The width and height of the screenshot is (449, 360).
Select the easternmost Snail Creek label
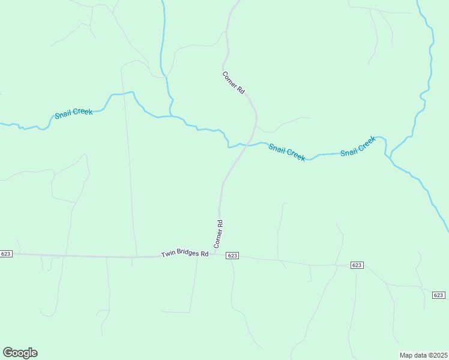pyautogui.click(x=358, y=146)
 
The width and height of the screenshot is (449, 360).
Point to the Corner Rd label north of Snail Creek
pyautogui.click(x=234, y=83)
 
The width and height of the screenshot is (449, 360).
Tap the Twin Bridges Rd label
pyautogui.click(x=184, y=254)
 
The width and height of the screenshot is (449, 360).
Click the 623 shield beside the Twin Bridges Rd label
pyautogui.click(x=233, y=256)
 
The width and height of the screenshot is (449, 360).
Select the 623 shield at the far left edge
pyautogui.click(x=6, y=254)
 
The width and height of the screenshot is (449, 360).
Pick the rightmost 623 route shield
pyautogui.click(x=438, y=295)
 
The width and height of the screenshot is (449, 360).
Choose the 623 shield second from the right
pyautogui.click(x=357, y=265)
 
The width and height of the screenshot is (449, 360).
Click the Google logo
pyautogui.click(x=20, y=353)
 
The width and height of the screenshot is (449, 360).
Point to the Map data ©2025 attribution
pyautogui.click(x=423, y=355)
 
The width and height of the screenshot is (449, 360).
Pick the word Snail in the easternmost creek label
pyautogui.click(x=349, y=150)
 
